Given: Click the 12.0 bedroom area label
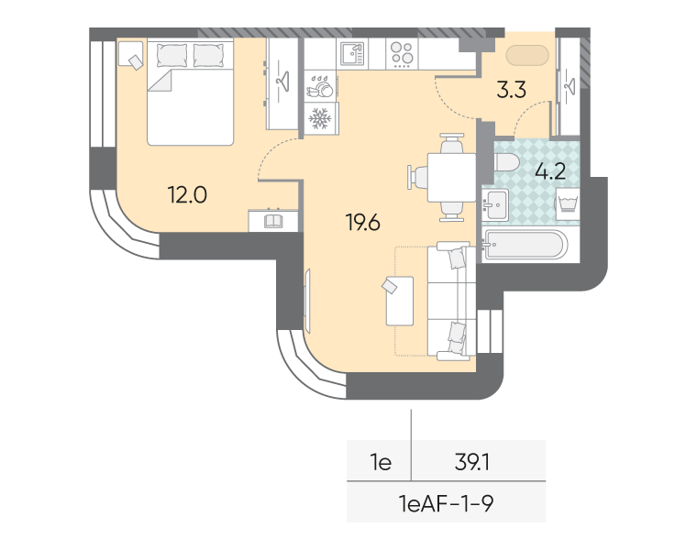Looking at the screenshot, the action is pyautogui.click(x=187, y=194).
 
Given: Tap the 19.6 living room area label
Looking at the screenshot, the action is pyautogui.click(x=363, y=222).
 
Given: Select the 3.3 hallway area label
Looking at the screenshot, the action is pyautogui.click(x=511, y=89).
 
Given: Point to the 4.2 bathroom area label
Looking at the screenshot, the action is pyautogui.click(x=550, y=171).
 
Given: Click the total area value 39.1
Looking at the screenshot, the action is pyautogui.click(x=472, y=462).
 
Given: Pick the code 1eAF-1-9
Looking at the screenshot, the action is pyautogui.click(x=446, y=504).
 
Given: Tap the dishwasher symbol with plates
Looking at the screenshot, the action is pyautogui.click(x=320, y=86).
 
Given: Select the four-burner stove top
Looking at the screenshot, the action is pyautogui.click(x=402, y=54).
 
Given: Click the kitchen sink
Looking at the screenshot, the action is pyautogui.click(x=352, y=54).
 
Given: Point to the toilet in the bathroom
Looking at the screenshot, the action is pyautogui.click(x=506, y=162).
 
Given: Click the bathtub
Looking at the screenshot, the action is pyautogui.click(x=525, y=244).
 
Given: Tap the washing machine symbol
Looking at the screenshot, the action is pyautogui.click(x=568, y=203).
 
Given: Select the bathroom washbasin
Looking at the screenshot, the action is pyautogui.click(x=495, y=204).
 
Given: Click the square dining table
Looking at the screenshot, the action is pyautogui.click(x=451, y=177).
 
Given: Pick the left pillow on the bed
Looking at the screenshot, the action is pyautogui.click(x=171, y=56).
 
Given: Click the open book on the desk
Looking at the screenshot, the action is pyautogui.click(x=273, y=221).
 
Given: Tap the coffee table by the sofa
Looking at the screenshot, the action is pyautogui.click(x=400, y=301).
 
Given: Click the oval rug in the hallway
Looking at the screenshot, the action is pyautogui.click(x=527, y=56).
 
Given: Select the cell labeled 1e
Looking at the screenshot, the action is pyautogui.click(x=381, y=462).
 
